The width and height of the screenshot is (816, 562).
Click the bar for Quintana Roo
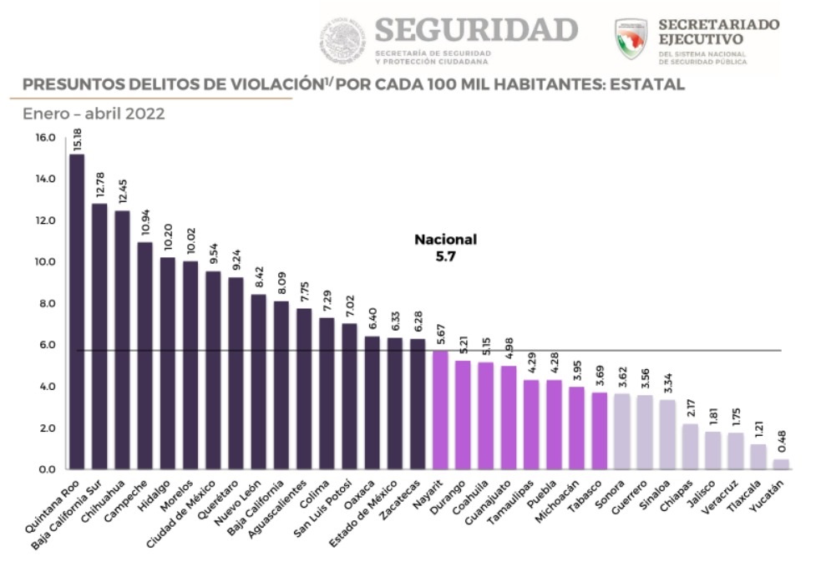click(x=77, y=311)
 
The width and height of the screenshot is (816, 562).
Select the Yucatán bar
click(x=781, y=463)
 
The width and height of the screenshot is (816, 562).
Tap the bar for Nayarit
click(x=440, y=409)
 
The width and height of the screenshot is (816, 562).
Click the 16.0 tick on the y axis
click(x=44, y=138)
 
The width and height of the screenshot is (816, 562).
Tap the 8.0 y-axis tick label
click(x=44, y=304)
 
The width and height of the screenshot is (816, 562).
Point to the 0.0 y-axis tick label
click(x=44, y=470)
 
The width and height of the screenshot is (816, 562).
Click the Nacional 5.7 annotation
click(x=445, y=248)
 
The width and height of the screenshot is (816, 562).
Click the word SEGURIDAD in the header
click(x=476, y=30)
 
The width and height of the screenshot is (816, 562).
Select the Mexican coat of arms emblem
click(x=343, y=40)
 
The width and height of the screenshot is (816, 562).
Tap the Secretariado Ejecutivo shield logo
click(x=631, y=39)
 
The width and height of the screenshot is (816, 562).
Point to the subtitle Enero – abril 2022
click(x=94, y=114)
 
